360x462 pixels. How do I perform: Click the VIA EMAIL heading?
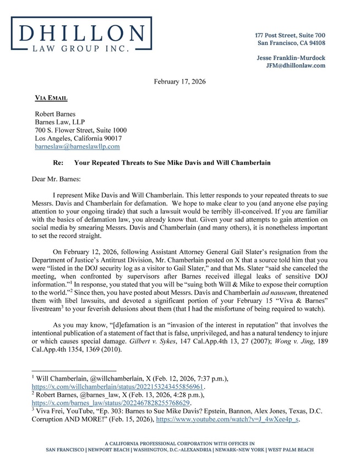point(51,98)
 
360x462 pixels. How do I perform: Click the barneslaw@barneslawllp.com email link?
point(77,147)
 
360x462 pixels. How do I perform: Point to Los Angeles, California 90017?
point(78,139)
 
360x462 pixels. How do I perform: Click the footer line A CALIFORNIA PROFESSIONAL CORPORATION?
point(179,443)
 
